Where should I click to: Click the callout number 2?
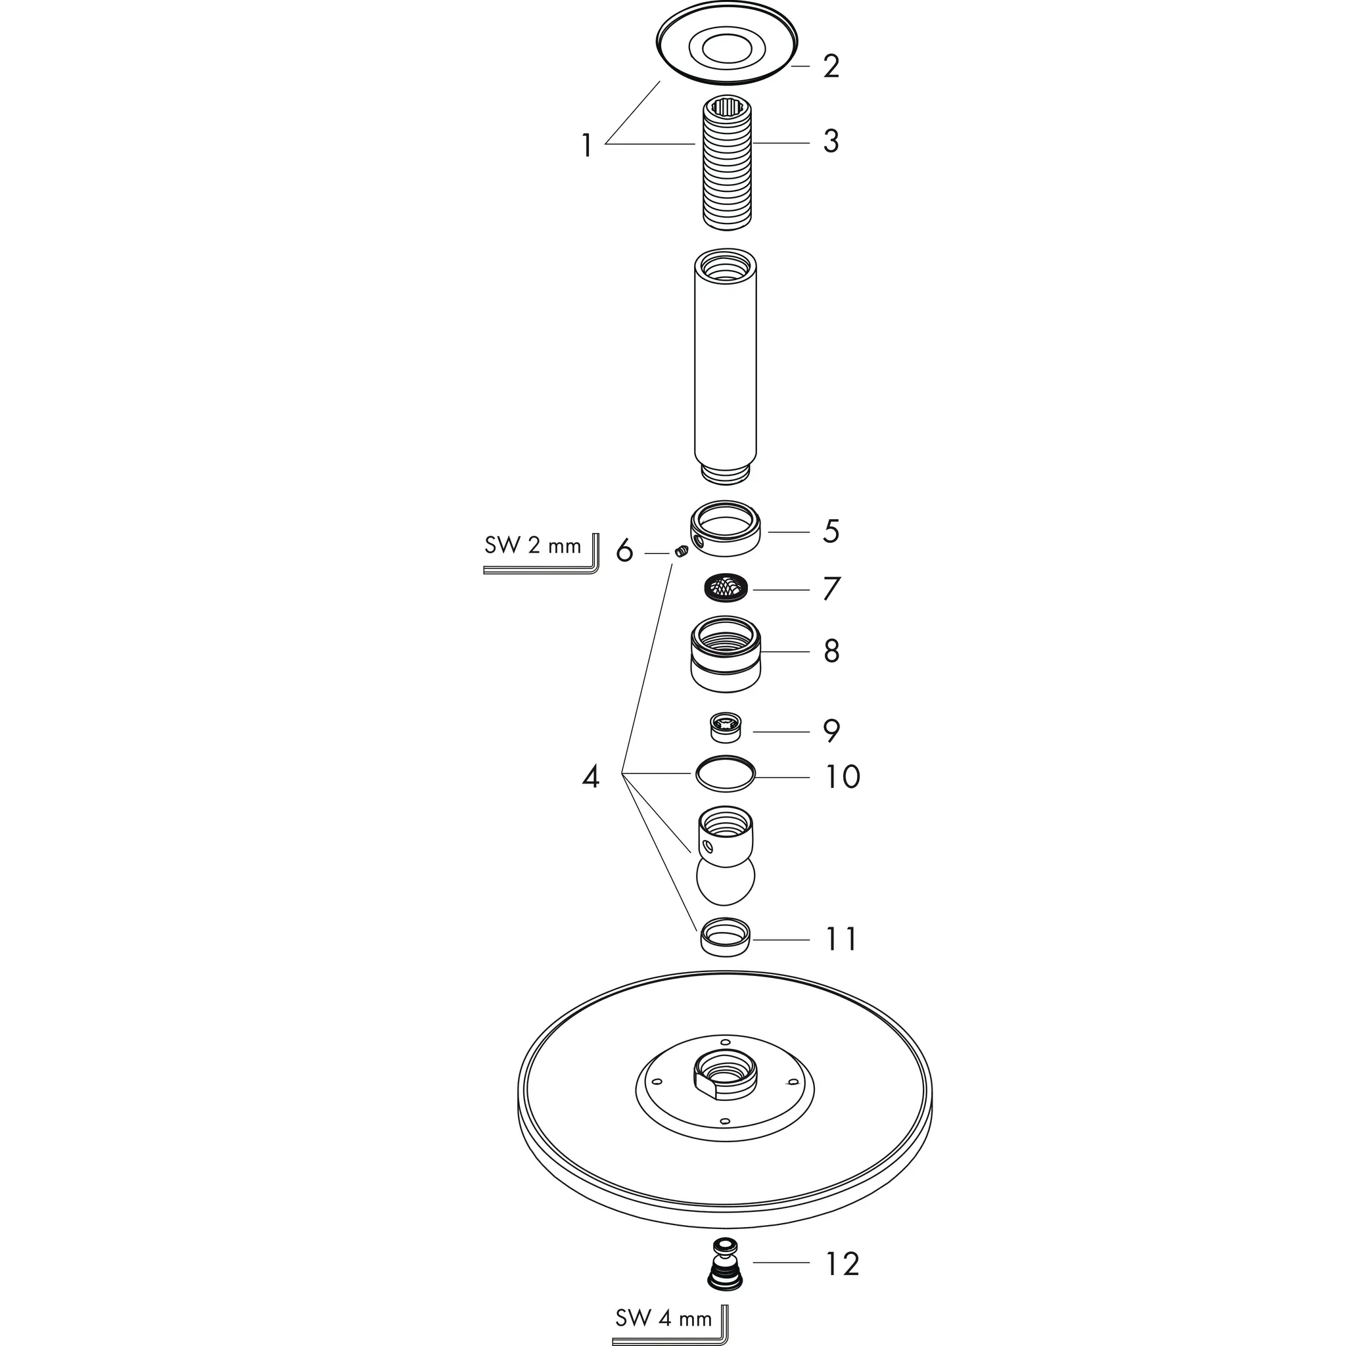pyautogui.click(x=831, y=67)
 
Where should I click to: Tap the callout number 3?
pyautogui.click(x=831, y=141)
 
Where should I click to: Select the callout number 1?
pyautogui.click(x=587, y=147)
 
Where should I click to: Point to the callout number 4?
pyautogui.click(x=590, y=777)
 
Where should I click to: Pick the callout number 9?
pyautogui.click(x=831, y=731)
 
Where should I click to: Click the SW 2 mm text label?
pyautogui.click(x=532, y=545)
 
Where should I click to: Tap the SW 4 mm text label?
pyautogui.click(x=663, y=1318)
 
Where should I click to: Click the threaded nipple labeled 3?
pyautogui.click(x=726, y=164)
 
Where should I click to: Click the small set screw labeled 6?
pyautogui.click(x=682, y=553)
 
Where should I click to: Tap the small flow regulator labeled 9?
pyautogui.click(x=726, y=728)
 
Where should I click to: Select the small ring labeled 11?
pyautogui.click(x=726, y=937)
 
